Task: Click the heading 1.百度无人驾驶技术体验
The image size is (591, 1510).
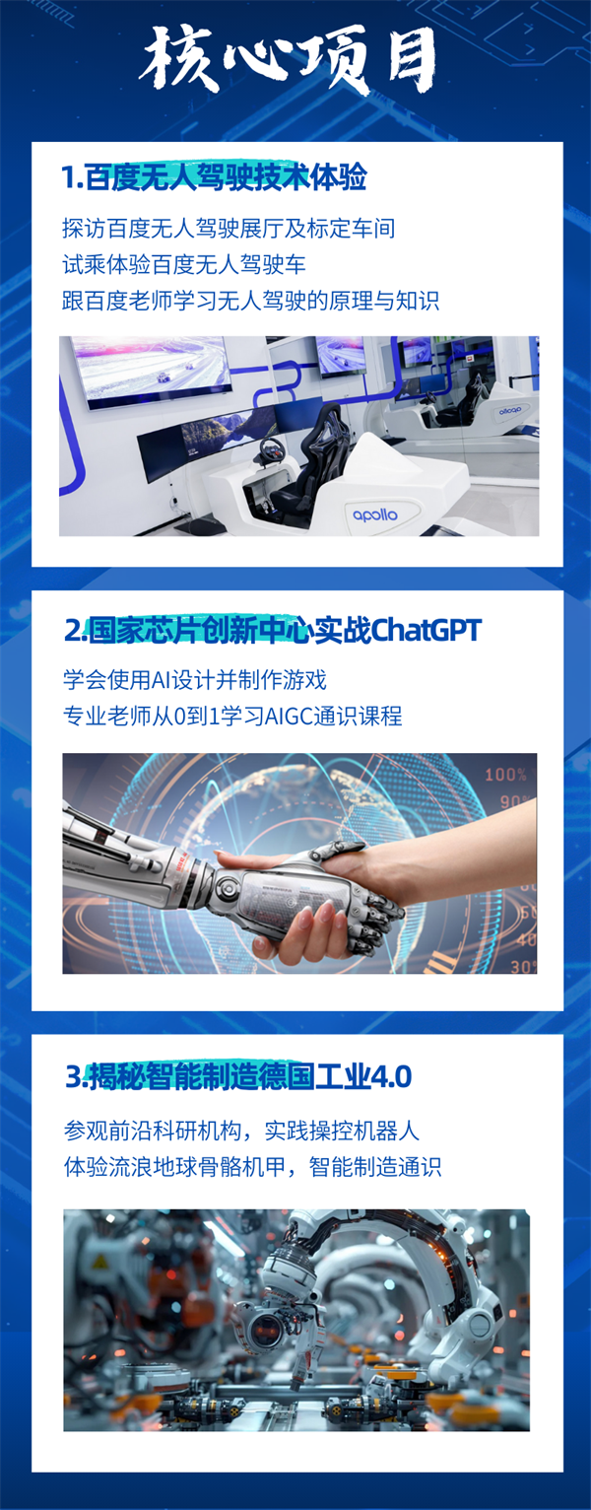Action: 215,177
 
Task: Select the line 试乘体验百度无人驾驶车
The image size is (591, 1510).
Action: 184,264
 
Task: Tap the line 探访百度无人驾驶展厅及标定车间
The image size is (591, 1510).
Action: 229,229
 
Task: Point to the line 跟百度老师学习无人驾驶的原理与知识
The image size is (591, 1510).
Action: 251,300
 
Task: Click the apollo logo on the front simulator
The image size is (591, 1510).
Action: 374,515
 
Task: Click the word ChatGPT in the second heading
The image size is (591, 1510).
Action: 426,631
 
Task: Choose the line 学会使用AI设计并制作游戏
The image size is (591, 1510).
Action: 195,679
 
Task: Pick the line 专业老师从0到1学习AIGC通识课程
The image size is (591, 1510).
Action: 232,716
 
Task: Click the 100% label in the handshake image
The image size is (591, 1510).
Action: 505,774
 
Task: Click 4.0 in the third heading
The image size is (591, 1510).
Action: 390,1076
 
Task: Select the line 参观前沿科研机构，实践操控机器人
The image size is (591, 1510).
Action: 242,1131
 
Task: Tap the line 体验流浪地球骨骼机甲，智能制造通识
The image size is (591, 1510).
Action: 253,1166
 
